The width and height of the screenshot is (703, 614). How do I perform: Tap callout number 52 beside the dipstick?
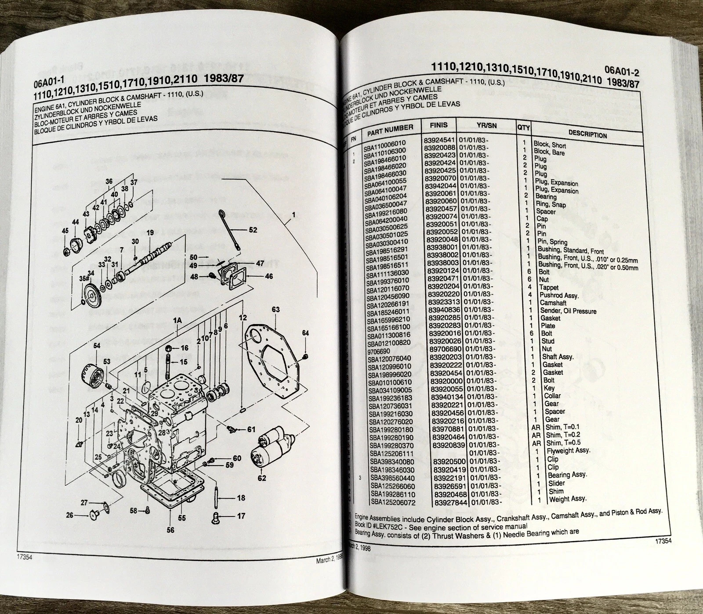pos(253,229)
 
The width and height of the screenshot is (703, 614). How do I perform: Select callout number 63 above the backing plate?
pos(275,310)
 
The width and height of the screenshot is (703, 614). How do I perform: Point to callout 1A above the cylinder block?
pos(178,321)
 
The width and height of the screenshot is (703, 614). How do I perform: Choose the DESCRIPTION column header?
pos(587,135)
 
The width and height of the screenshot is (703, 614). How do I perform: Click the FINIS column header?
pos(438,125)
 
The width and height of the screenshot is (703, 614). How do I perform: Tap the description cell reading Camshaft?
pos(553,303)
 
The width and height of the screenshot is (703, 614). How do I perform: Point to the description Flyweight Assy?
pos(568,450)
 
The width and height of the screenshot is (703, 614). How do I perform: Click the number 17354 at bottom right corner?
pos(662,542)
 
